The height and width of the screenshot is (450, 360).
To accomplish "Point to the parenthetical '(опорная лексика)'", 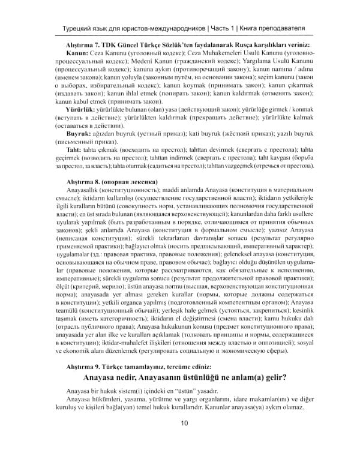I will click(133, 181).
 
